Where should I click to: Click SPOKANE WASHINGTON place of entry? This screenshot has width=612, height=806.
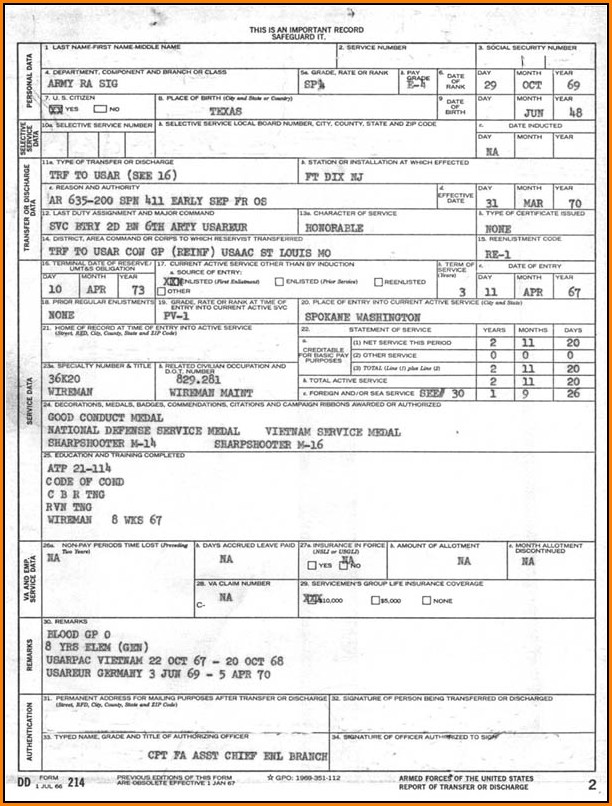click(x=362, y=317)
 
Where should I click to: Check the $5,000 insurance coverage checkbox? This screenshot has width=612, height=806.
click(x=375, y=601)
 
